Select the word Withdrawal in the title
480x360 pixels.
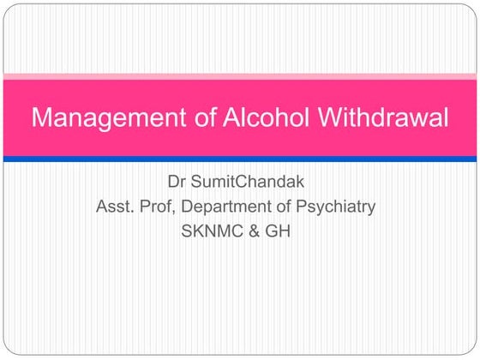382,117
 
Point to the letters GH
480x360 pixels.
280,230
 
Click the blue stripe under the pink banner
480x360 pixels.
240,159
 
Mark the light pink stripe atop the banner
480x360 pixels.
240,77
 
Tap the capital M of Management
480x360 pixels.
41,117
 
